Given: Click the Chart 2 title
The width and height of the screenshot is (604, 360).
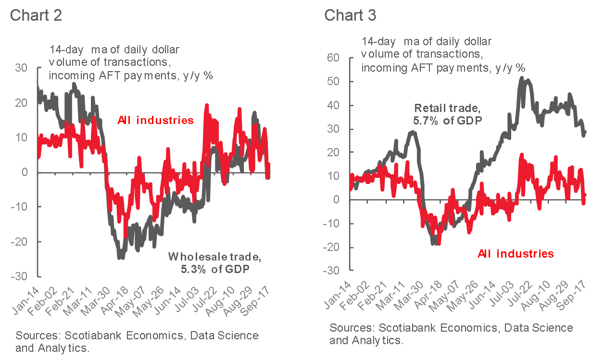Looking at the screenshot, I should tap(36, 15).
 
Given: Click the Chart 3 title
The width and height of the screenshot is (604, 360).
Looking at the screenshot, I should tap(350, 15).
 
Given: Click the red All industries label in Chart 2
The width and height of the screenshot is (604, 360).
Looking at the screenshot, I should tap(155, 120).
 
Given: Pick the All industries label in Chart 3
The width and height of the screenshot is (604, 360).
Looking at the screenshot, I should tap(516, 253).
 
